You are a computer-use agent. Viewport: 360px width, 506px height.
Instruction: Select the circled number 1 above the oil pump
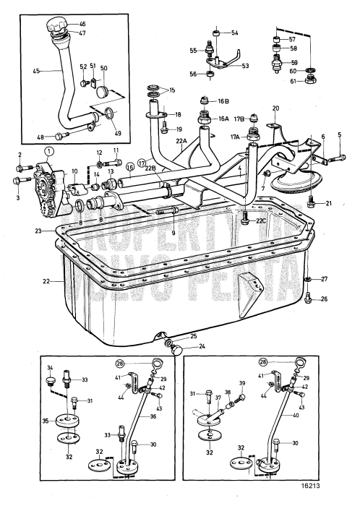point(48,151)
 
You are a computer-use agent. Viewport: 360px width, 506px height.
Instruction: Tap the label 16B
point(224,102)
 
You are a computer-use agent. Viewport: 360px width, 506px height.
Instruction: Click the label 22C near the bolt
point(261,221)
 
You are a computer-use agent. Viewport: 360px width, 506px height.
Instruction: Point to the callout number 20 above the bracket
point(275,108)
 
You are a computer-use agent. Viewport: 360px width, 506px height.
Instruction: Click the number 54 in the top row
point(235,33)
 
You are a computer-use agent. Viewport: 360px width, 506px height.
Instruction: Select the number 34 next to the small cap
point(51,368)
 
